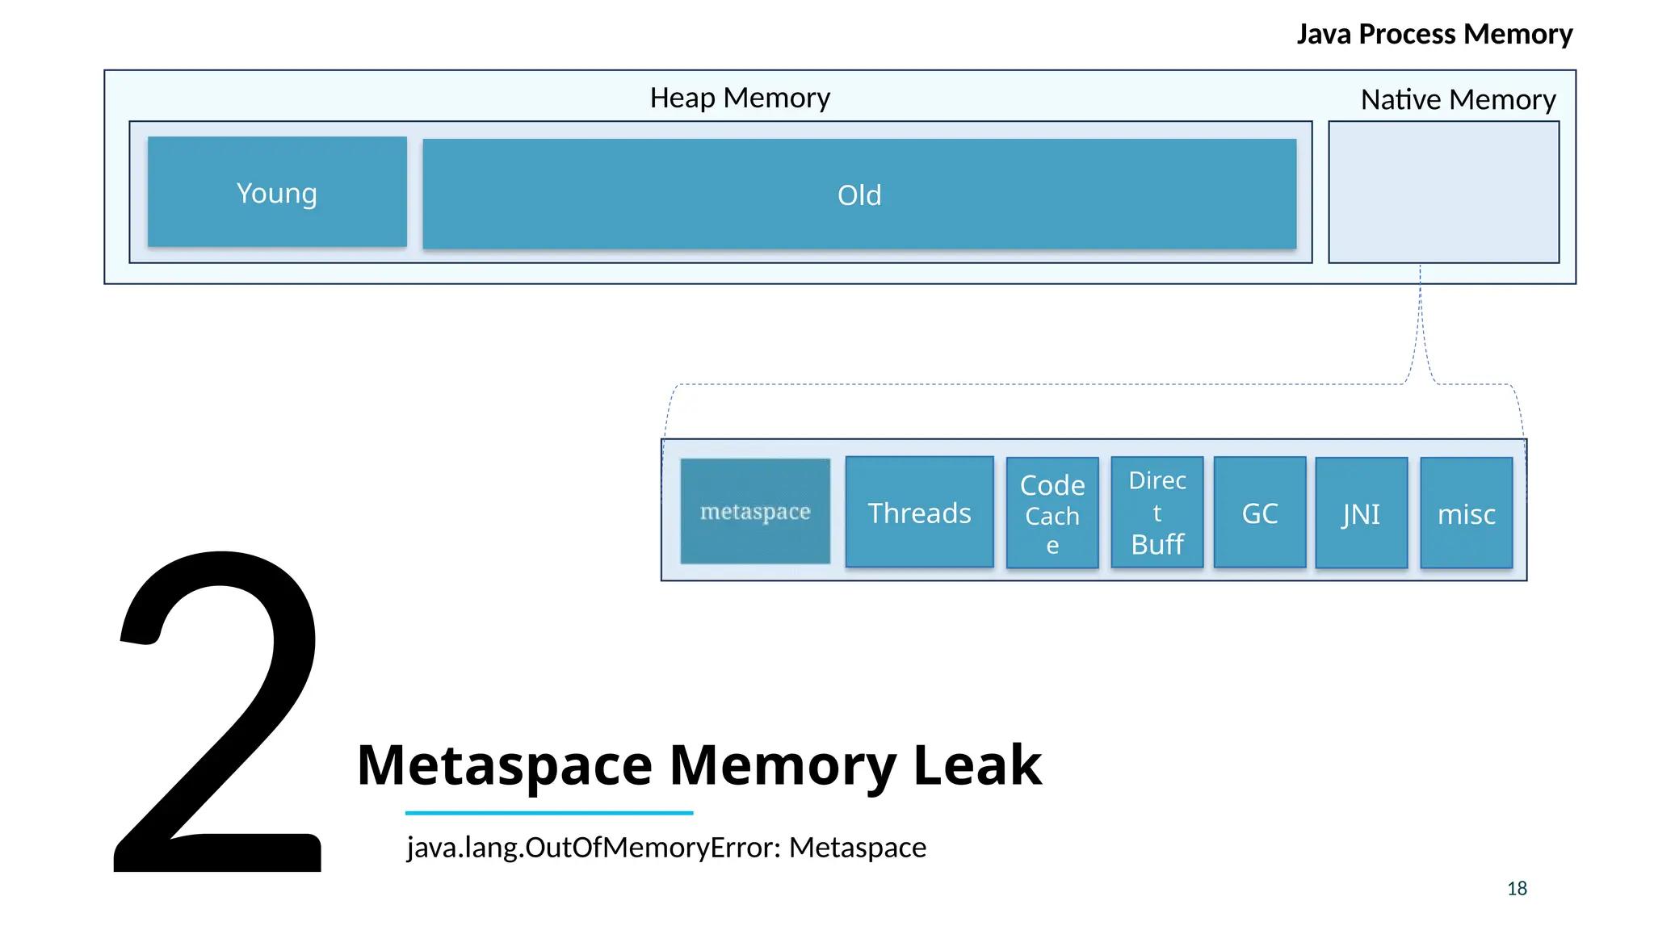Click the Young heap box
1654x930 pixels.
tap(277, 192)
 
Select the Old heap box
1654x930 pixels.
tap(859, 195)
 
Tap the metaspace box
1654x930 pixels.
tap(755, 512)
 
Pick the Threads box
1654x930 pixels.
tap(919, 513)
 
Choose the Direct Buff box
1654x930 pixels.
tap(1157, 513)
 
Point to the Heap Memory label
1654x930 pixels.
tap(740, 98)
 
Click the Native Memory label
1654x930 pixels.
tap(1458, 99)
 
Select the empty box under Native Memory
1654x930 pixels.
tap(1444, 192)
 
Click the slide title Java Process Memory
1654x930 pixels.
tap(1434, 34)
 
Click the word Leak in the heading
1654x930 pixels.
tap(977, 765)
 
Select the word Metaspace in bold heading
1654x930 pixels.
tap(505, 765)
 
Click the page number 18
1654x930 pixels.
tap(1517, 889)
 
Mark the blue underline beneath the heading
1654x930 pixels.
tap(549, 813)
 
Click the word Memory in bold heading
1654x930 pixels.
tap(783, 765)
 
